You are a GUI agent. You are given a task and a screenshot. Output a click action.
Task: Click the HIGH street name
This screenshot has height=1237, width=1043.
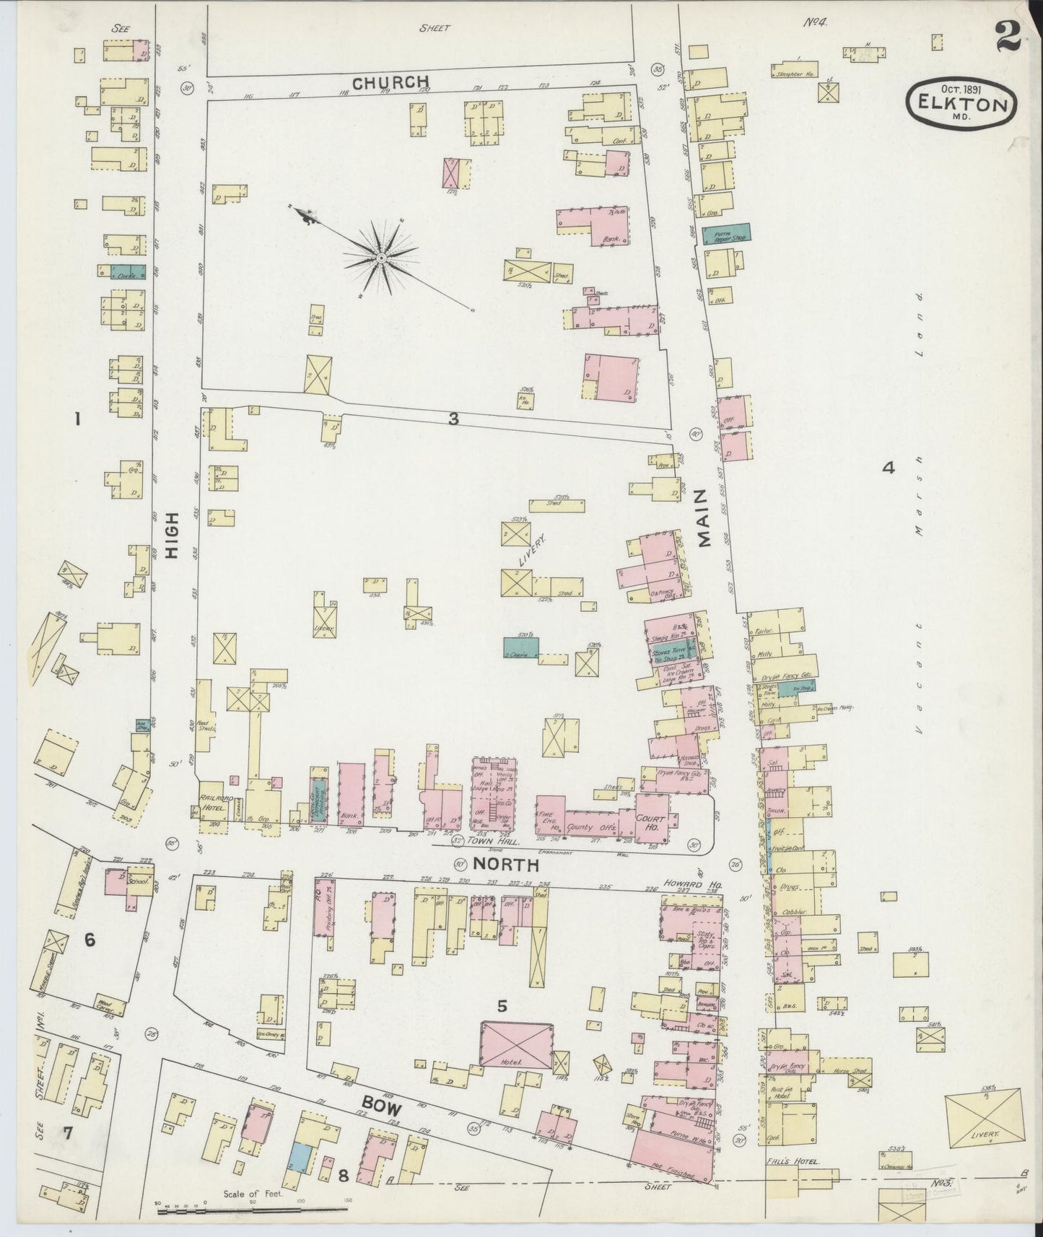[172, 542]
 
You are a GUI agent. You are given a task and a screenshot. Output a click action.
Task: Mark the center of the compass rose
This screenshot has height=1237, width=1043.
[380, 258]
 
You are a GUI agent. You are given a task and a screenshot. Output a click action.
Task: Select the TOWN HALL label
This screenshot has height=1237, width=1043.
[492, 842]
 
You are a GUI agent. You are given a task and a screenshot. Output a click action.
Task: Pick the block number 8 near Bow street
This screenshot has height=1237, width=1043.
[344, 1176]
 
